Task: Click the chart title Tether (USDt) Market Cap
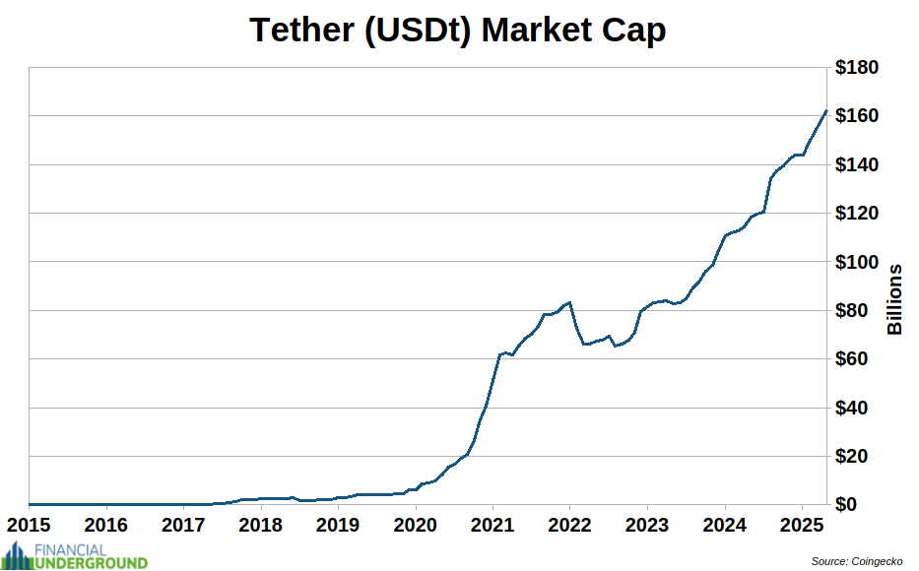458,30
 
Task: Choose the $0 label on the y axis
866,505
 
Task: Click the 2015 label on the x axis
31,523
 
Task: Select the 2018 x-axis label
261,523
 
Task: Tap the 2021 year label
492,523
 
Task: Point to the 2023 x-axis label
647,523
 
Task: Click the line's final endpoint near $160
825,111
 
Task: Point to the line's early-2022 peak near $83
570,302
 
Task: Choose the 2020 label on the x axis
416,523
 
